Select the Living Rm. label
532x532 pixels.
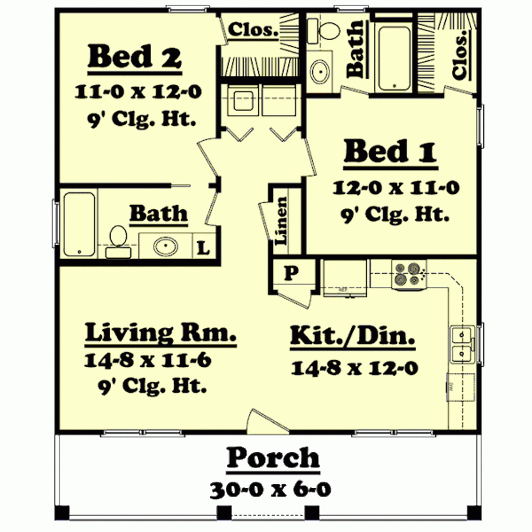coord(161,332)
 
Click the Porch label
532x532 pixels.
coord(273,458)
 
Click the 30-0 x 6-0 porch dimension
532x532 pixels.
coord(271,489)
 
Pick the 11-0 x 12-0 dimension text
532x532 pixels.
coord(138,92)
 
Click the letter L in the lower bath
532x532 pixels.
coord(203,248)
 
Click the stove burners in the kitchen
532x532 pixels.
coord(407,274)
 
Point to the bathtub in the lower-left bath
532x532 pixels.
coord(79,224)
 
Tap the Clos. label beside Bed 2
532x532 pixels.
coord(253,29)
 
